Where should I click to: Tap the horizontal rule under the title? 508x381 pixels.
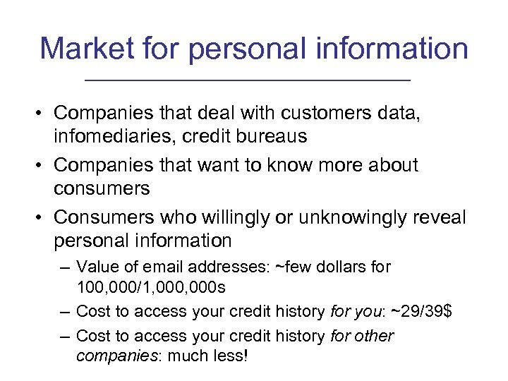pos(246,82)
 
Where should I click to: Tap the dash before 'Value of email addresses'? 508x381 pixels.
pos(65,268)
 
